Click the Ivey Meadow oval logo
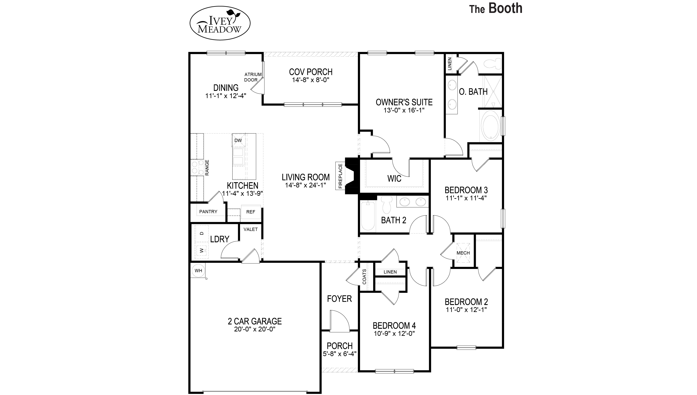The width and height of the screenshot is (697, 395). (220, 23)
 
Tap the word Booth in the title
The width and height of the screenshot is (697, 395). (505, 8)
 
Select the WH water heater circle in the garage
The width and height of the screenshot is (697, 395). (198, 270)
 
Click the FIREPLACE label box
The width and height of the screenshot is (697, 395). (340, 176)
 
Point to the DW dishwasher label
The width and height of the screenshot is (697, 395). (238, 140)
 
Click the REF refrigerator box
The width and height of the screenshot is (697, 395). (251, 212)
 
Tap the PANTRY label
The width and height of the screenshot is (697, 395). (208, 212)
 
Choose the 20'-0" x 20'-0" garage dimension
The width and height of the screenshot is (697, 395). (255, 329)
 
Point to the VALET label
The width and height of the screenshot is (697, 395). (250, 229)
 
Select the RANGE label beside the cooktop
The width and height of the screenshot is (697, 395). (207, 167)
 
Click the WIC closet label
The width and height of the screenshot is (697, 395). (394, 178)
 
